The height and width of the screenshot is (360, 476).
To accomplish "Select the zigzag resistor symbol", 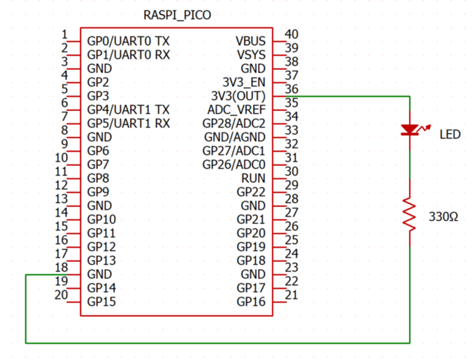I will [x=409, y=214].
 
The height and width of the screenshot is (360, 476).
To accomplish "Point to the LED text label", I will [x=450, y=135].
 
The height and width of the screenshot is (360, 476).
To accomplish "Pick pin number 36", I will [x=292, y=88].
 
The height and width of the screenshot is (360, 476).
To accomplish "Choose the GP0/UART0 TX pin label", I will [x=129, y=41].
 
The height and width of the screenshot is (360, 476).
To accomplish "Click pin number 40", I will [x=292, y=33].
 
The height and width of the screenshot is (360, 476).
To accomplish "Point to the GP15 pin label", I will [x=101, y=301].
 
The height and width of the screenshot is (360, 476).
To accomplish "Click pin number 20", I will [x=62, y=295].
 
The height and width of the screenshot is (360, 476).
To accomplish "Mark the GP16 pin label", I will [x=251, y=301].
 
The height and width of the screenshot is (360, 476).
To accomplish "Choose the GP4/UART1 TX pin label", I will [x=129, y=109].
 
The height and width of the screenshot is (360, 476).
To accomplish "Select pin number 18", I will [x=62, y=267].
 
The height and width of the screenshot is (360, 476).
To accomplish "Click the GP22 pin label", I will [x=251, y=192].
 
